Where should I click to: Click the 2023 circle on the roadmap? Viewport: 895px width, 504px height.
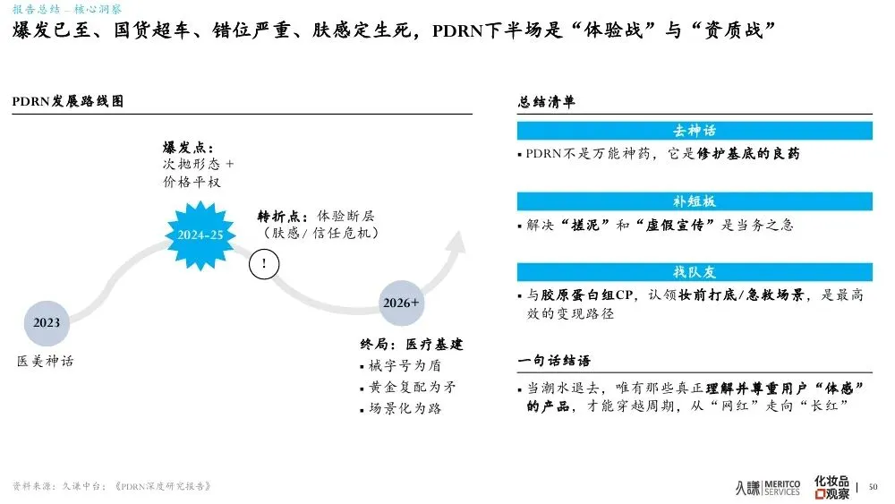(x=47, y=322)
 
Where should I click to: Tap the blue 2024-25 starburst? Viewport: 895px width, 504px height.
(x=200, y=235)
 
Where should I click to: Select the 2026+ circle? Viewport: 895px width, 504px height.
(x=401, y=303)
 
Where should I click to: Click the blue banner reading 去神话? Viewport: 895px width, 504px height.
(x=695, y=131)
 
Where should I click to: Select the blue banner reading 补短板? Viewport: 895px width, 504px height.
(x=695, y=201)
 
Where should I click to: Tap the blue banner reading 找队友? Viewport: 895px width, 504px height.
(x=695, y=271)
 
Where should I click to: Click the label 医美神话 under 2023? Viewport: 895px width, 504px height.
(x=46, y=361)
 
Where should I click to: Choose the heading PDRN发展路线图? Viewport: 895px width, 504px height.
(x=67, y=101)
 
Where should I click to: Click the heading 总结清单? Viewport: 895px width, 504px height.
(x=547, y=101)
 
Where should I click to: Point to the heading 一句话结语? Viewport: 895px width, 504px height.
(x=554, y=360)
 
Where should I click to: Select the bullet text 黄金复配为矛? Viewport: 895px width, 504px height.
(x=411, y=387)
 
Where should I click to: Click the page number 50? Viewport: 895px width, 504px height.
(x=874, y=486)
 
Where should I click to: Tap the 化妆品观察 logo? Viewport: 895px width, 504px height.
(x=831, y=486)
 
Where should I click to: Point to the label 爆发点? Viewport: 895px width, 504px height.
(x=188, y=147)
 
